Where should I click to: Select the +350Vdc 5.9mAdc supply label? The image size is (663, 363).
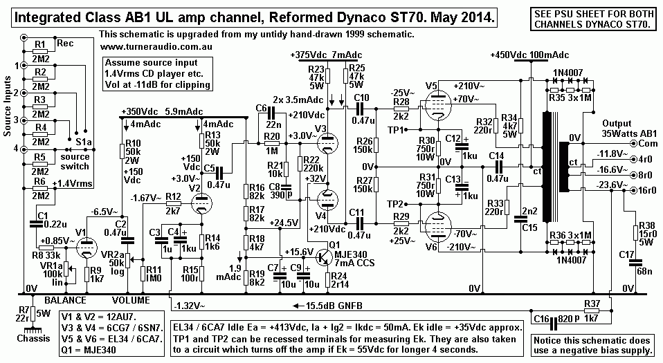(160, 111)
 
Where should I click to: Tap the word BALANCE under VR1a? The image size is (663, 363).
(66, 301)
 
